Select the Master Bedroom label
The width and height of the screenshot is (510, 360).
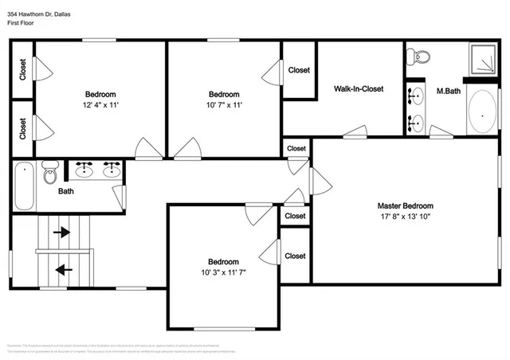[x=405, y=205]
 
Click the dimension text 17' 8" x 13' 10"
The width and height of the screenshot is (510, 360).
[x=405, y=216]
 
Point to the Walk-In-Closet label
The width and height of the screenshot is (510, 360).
[x=358, y=88]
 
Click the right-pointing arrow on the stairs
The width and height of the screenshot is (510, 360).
[x=61, y=233]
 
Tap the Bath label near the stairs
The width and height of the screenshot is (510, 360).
[x=67, y=191]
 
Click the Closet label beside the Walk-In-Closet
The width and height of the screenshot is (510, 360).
[x=299, y=70]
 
